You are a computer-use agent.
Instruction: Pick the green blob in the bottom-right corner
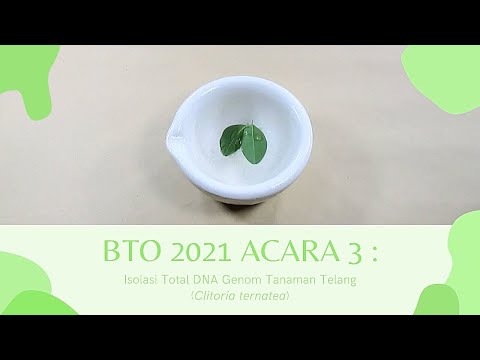tap(450, 280)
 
